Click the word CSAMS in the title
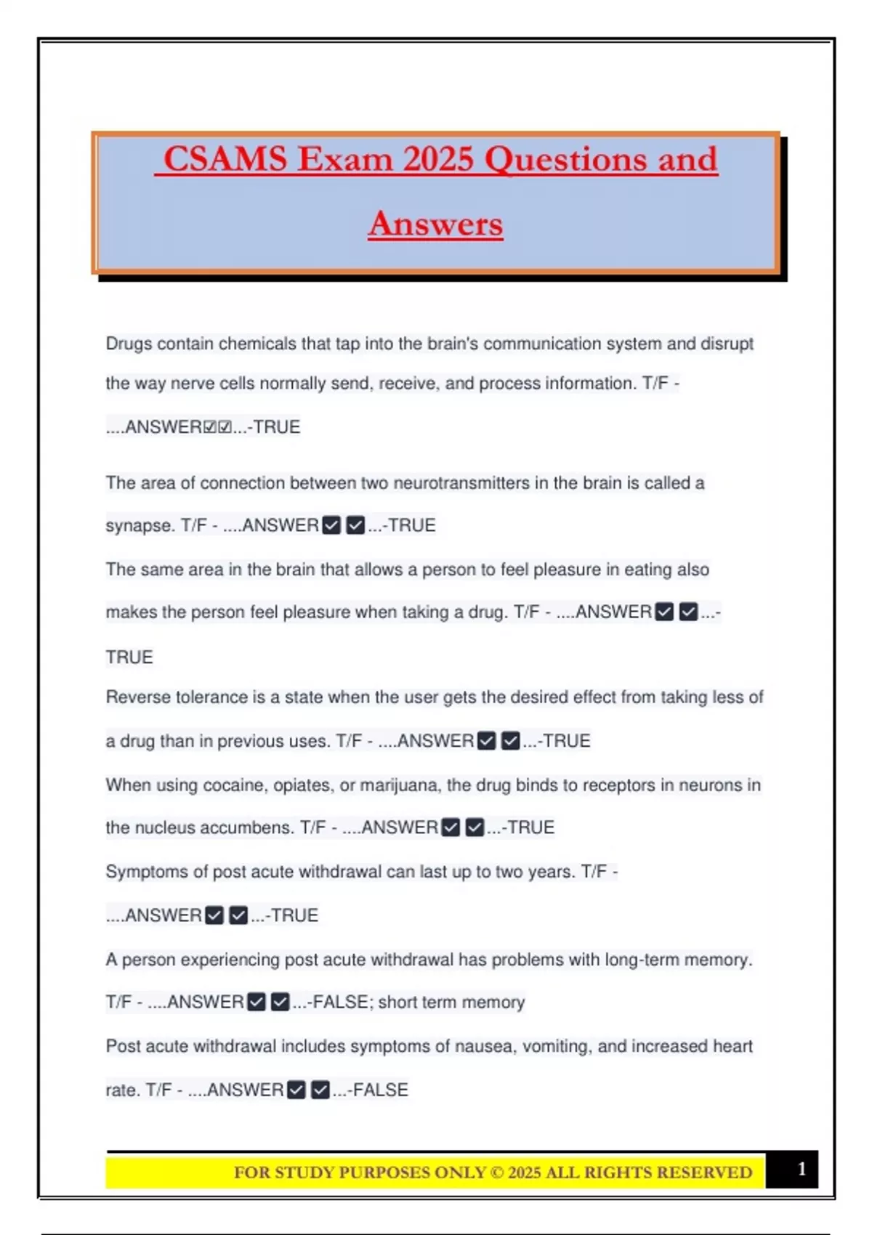pos(225,159)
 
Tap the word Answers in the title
pos(435,224)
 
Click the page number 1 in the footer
pos(802,1169)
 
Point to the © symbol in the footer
pos(496,1173)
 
